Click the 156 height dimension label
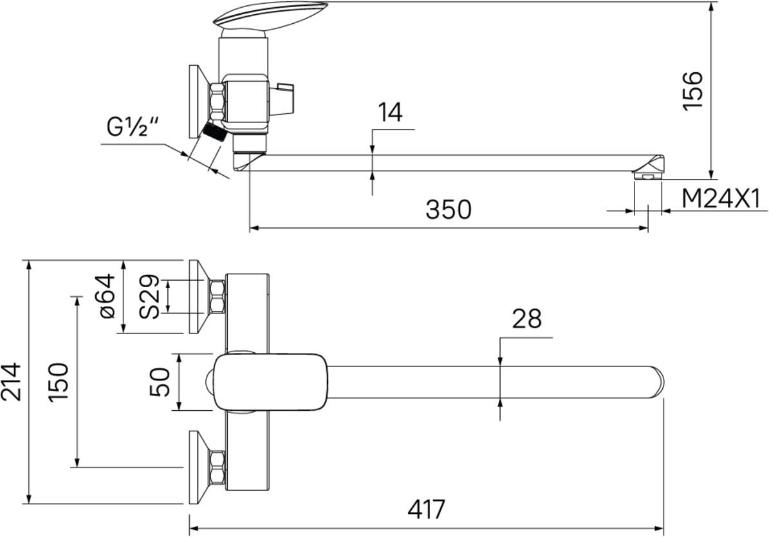click(693, 91)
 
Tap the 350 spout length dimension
click(449, 210)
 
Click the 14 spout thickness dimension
click(390, 113)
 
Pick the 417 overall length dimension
click(427, 509)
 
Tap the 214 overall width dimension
click(12, 382)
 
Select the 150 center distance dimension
click(59, 381)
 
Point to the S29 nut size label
click(149, 296)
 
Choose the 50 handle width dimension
click(160, 382)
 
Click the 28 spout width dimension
click(527, 319)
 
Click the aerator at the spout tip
click(648, 174)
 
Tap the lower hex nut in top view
click(218, 467)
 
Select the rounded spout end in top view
click(656, 381)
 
